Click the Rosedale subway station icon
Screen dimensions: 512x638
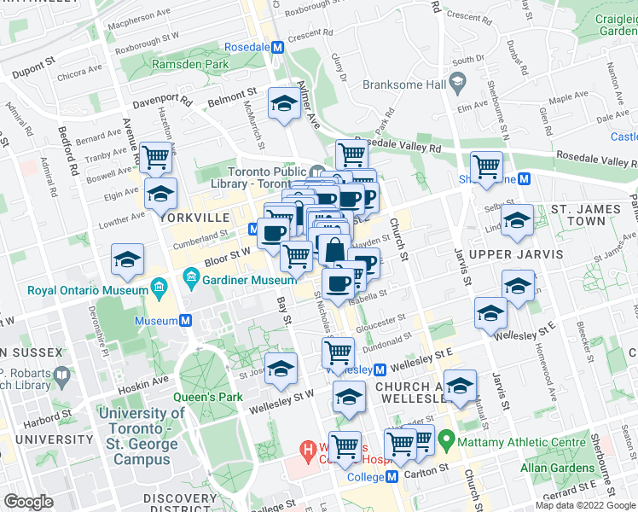pos(276,49)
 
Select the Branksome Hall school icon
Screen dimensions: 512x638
pos(458,84)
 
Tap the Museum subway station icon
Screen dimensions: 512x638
pos(184,321)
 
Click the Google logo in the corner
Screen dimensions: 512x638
pos(28,502)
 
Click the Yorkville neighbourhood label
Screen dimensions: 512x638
pos(195,218)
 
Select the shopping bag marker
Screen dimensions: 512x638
pos(334,251)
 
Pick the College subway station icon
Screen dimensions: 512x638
pos(391,477)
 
